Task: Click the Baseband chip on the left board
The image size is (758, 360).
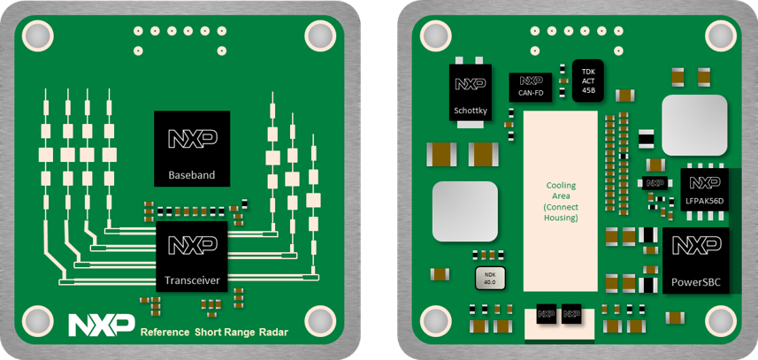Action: pyautogui.click(x=192, y=149)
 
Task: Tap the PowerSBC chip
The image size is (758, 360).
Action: pyautogui.click(x=696, y=261)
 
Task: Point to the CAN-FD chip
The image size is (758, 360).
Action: pyautogui.click(x=531, y=85)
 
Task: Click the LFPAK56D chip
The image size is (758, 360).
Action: pyautogui.click(x=704, y=189)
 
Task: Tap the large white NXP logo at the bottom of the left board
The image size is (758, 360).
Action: pyautogui.click(x=102, y=324)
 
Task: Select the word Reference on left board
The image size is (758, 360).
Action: pyautogui.click(x=165, y=332)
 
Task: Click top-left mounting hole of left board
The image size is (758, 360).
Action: pyautogui.click(x=37, y=35)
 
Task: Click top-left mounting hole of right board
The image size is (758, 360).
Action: pyautogui.click(x=436, y=35)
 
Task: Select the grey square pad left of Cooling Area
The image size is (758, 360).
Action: pyautogui.click(x=464, y=211)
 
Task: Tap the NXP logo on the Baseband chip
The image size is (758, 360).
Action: pyautogui.click(x=192, y=139)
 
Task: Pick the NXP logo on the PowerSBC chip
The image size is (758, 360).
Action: pyautogui.click(x=696, y=247)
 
